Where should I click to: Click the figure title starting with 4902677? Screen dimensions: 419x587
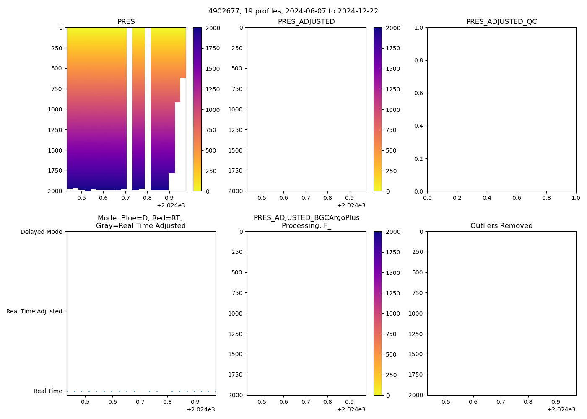[293, 11]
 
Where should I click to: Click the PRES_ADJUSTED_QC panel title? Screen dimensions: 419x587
[501, 22]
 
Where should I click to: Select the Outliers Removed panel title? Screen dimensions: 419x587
[501, 226]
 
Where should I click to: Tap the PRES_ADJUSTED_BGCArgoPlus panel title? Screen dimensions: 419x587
[306, 218]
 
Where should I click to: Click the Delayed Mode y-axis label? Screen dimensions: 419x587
[41, 232]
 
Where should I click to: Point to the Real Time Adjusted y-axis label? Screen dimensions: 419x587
[34, 311]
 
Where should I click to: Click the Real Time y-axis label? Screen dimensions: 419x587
[48, 391]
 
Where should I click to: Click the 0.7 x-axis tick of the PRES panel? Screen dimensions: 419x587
[125, 198]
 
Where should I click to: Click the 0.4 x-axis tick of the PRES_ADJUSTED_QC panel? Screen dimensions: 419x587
[487, 198]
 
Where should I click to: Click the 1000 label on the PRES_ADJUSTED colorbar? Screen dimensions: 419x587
[393, 110]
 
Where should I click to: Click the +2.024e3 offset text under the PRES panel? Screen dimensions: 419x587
[171, 205]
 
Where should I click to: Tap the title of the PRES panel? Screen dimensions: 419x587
[126, 22]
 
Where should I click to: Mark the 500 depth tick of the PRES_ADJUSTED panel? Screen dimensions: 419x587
[236, 68]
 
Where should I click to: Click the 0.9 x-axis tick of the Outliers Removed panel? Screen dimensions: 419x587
[556, 402]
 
